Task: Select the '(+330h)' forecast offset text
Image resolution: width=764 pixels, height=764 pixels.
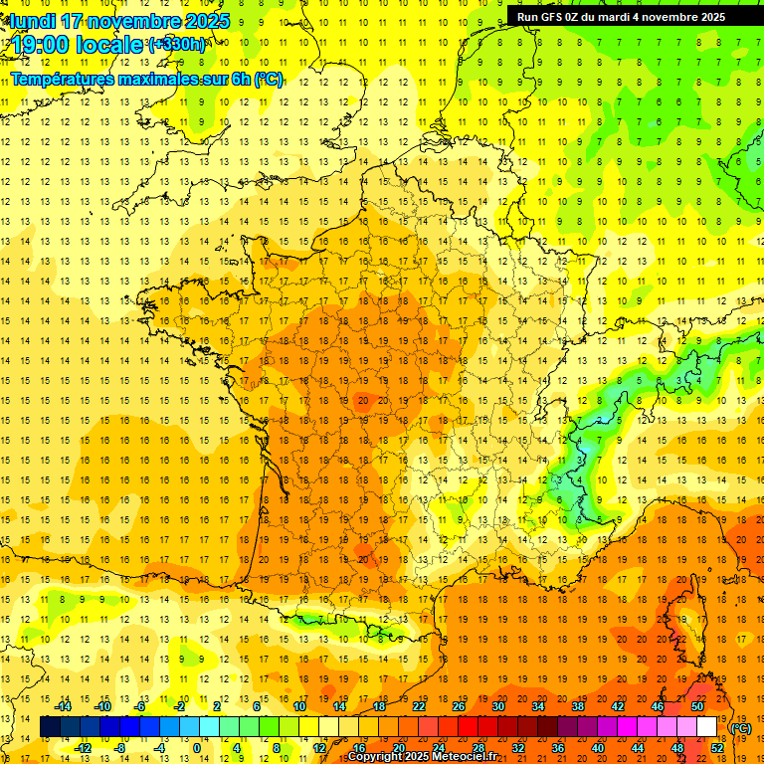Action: [x=177, y=44]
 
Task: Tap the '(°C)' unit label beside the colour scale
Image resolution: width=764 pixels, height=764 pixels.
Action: [x=741, y=728]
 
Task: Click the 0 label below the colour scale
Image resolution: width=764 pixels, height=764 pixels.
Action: [x=197, y=748]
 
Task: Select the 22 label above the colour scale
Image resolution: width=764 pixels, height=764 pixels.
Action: [x=419, y=706]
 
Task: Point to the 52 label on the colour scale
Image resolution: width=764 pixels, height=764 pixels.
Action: [x=717, y=748]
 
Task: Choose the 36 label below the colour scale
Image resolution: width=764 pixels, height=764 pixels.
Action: [x=558, y=748]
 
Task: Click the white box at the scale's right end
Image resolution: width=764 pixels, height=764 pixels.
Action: [x=706, y=727]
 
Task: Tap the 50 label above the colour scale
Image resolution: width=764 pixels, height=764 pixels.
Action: [x=697, y=706]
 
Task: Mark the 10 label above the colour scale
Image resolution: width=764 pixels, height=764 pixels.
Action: [x=298, y=706]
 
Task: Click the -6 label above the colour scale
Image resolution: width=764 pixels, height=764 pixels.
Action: [x=140, y=706]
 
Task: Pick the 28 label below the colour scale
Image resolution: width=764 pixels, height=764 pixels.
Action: [x=478, y=748]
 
